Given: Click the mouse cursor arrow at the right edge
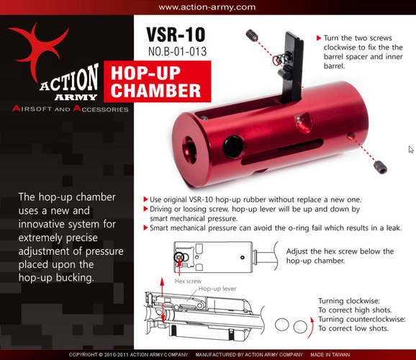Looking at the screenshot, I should (x=411, y=150).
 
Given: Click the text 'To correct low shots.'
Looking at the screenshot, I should (x=353, y=328).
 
